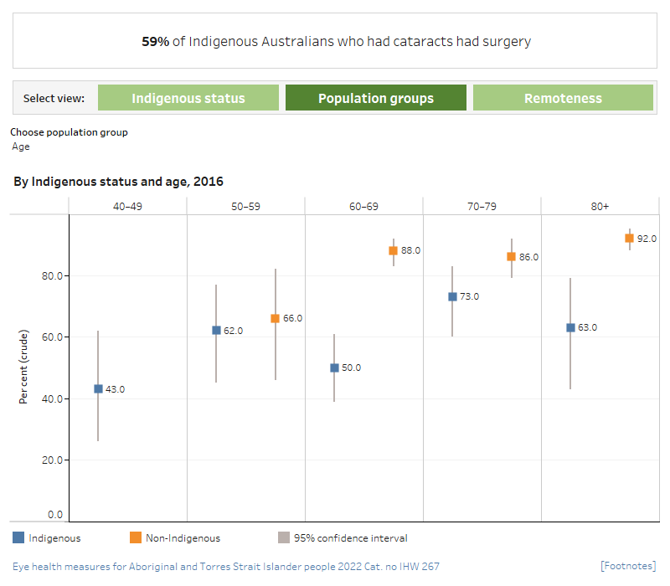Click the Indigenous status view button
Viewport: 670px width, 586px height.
point(188,98)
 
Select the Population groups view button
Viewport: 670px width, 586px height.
point(376,98)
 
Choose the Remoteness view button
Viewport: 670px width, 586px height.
point(563,98)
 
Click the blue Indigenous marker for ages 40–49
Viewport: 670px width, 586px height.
point(99,388)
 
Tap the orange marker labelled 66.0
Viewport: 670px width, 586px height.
point(275,318)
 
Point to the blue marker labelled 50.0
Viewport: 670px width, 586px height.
point(334,368)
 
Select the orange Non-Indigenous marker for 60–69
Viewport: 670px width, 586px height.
point(393,250)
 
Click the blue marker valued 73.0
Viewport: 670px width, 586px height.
point(452,296)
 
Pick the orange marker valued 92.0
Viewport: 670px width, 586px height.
point(630,238)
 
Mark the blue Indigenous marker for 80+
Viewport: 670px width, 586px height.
point(570,327)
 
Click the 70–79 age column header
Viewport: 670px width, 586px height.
point(482,206)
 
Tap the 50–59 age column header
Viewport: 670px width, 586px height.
point(245,206)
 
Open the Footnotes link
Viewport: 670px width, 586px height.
point(628,566)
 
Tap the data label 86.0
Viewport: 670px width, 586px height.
point(528,257)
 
